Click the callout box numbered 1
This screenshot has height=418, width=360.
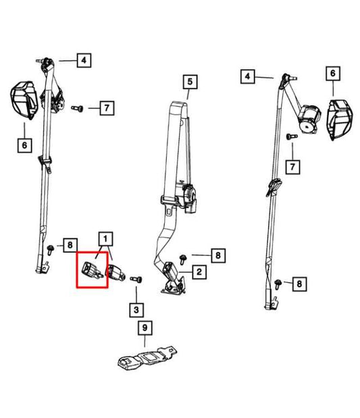tap(105, 238)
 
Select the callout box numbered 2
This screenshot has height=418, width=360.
tap(199, 272)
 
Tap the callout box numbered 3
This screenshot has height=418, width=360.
tap(136, 310)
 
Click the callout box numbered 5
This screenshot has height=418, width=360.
tap(190, 82)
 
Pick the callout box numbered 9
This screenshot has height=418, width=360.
tap(145, 328)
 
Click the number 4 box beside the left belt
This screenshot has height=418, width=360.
tap(84, 60)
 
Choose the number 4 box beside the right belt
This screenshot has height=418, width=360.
tap(247, 76)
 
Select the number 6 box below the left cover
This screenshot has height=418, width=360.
tap(24, 145)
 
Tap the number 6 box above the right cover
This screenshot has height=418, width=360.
tap(333, 74)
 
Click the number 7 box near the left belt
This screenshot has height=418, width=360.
tap(107, 108)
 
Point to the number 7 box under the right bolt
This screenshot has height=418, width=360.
tap(292, 167)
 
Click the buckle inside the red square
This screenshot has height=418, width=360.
tap(92, 270)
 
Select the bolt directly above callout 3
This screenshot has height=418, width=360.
tap(136, 280)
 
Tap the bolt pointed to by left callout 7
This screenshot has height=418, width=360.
tap(77, 108)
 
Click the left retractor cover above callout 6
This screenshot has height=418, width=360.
tap(24, 100)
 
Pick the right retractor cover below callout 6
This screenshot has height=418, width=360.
tap(340, 120)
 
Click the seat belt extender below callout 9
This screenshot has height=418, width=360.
tap(147, 358)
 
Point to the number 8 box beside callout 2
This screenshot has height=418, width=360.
tap(218, 256)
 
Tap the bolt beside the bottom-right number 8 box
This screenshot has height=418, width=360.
tap(278, 284)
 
